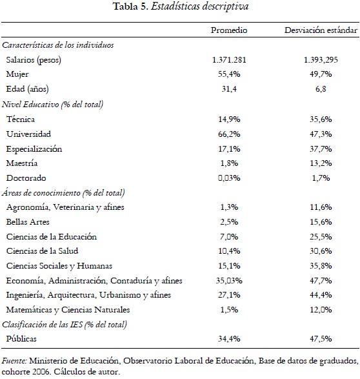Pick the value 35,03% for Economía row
(233, 280)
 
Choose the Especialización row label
(34, 148)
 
